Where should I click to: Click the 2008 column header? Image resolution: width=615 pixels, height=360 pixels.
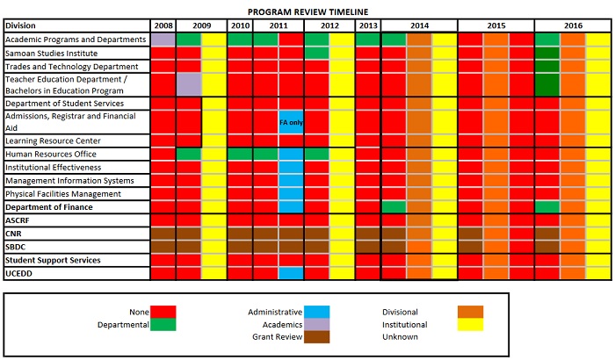(163, 25)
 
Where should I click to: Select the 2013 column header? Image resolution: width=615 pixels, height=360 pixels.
(368, 25)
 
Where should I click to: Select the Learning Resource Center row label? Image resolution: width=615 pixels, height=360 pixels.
(53, 140)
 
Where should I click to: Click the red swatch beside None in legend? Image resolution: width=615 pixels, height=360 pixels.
(163, 310)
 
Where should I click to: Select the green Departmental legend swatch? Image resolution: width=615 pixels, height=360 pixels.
(163, 323)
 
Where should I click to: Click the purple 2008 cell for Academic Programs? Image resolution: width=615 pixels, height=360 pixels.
(163, 40)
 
